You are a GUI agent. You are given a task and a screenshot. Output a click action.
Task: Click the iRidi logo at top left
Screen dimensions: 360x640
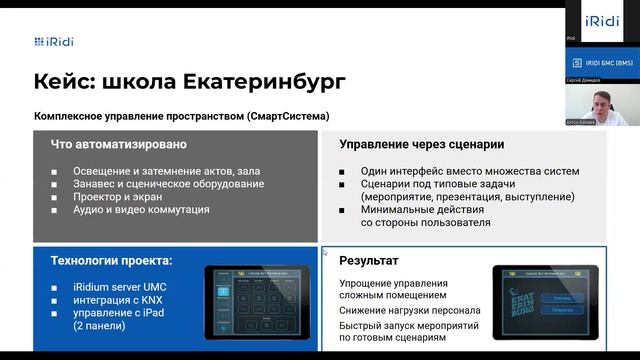tap(54, 41)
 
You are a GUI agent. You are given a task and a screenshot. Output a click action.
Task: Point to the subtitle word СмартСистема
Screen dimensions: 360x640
tap(291, 116)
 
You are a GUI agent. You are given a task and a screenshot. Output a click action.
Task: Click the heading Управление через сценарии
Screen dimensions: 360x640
tap(421, 144)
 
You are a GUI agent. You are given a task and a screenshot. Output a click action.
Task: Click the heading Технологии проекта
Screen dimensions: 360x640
tap(111, 261)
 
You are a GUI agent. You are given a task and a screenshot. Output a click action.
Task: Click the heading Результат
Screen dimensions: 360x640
tap(369, 261)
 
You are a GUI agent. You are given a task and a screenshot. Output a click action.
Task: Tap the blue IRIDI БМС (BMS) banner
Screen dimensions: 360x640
tap(601, 62)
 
